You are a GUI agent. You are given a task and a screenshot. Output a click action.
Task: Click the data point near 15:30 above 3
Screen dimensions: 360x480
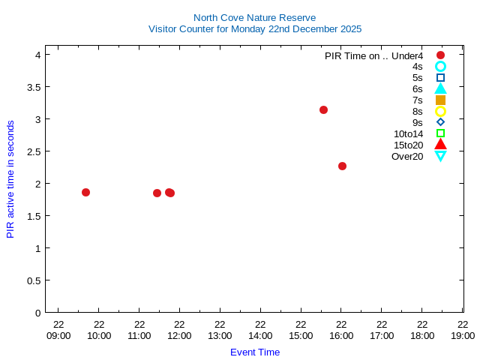point(323,109)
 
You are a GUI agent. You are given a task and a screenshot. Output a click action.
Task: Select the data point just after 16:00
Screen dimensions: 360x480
point(342,166)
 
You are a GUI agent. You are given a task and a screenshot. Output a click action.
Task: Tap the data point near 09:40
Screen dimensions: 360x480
point(85,192)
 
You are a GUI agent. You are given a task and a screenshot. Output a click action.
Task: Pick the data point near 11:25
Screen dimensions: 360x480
point(157,193)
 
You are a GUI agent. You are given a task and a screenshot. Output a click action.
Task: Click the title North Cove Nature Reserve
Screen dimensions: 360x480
point(254,17)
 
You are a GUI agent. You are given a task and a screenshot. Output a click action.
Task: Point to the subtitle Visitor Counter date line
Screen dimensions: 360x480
point(254,28)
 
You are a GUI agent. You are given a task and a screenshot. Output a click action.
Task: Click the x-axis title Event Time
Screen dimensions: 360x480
point(254,352)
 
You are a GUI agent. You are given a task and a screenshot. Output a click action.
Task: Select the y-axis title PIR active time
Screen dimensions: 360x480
point(10,179)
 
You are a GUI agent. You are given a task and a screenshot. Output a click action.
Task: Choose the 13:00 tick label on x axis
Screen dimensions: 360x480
point(220,335)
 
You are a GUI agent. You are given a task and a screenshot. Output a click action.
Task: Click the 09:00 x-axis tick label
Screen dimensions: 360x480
point(58,335)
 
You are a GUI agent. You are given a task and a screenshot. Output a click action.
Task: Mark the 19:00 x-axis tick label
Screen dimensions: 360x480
point(463,335)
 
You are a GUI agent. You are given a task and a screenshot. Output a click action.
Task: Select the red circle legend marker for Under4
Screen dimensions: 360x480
point(440,55)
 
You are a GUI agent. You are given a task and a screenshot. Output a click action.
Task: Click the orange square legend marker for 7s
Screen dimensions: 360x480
point(440,100)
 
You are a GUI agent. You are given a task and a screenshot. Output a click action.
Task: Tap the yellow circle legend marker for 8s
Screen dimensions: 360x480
point(440,111)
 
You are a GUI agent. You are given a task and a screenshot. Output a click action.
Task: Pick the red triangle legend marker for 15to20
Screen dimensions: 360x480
point(440,145)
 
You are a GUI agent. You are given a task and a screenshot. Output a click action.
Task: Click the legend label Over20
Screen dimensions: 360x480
point(407,156)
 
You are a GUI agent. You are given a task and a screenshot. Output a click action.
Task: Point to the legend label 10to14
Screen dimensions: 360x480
point(408,133)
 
